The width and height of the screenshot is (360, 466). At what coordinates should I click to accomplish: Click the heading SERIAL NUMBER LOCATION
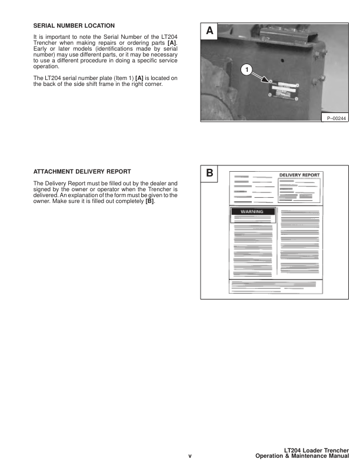click(74, 26)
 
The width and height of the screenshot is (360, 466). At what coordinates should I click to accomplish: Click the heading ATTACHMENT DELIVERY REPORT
click(82, 172)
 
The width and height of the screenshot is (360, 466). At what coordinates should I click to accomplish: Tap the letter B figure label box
click(209, 174)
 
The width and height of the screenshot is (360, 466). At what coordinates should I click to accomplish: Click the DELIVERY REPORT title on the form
click(299, 175)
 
